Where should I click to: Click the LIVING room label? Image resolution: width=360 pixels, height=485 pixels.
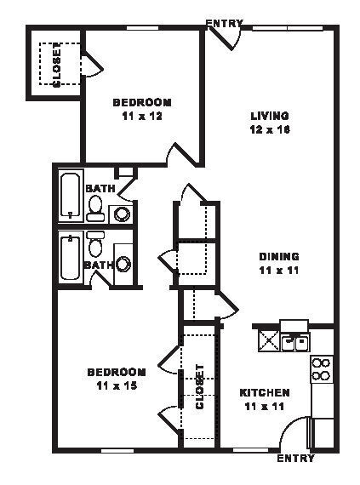[269, 116]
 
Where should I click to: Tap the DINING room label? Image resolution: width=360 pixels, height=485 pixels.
[279, 256]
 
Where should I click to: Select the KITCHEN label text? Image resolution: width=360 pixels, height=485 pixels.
[265, 392]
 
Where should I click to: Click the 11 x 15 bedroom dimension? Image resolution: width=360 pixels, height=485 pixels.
[117, 385]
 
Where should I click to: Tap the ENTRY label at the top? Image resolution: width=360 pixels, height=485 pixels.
[225, 23]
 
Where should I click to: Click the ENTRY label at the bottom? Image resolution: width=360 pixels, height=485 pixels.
[296, 459]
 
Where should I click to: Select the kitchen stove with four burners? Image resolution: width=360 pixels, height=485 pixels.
[321, 368]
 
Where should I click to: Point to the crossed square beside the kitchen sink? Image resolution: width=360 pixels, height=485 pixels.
[269, 342]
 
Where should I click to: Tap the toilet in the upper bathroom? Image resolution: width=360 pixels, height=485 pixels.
[95, 206]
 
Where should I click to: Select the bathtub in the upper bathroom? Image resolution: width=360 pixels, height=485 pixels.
[71, 197]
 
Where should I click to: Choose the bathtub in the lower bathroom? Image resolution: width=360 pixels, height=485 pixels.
[71, 258]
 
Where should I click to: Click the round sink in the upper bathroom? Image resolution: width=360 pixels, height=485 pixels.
[123, 213]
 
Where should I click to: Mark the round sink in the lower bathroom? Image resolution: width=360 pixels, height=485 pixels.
[123, 264]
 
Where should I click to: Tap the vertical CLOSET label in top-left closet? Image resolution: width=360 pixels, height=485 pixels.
[57, 65]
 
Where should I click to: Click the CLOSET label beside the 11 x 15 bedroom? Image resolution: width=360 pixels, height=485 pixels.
[200, 387]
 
